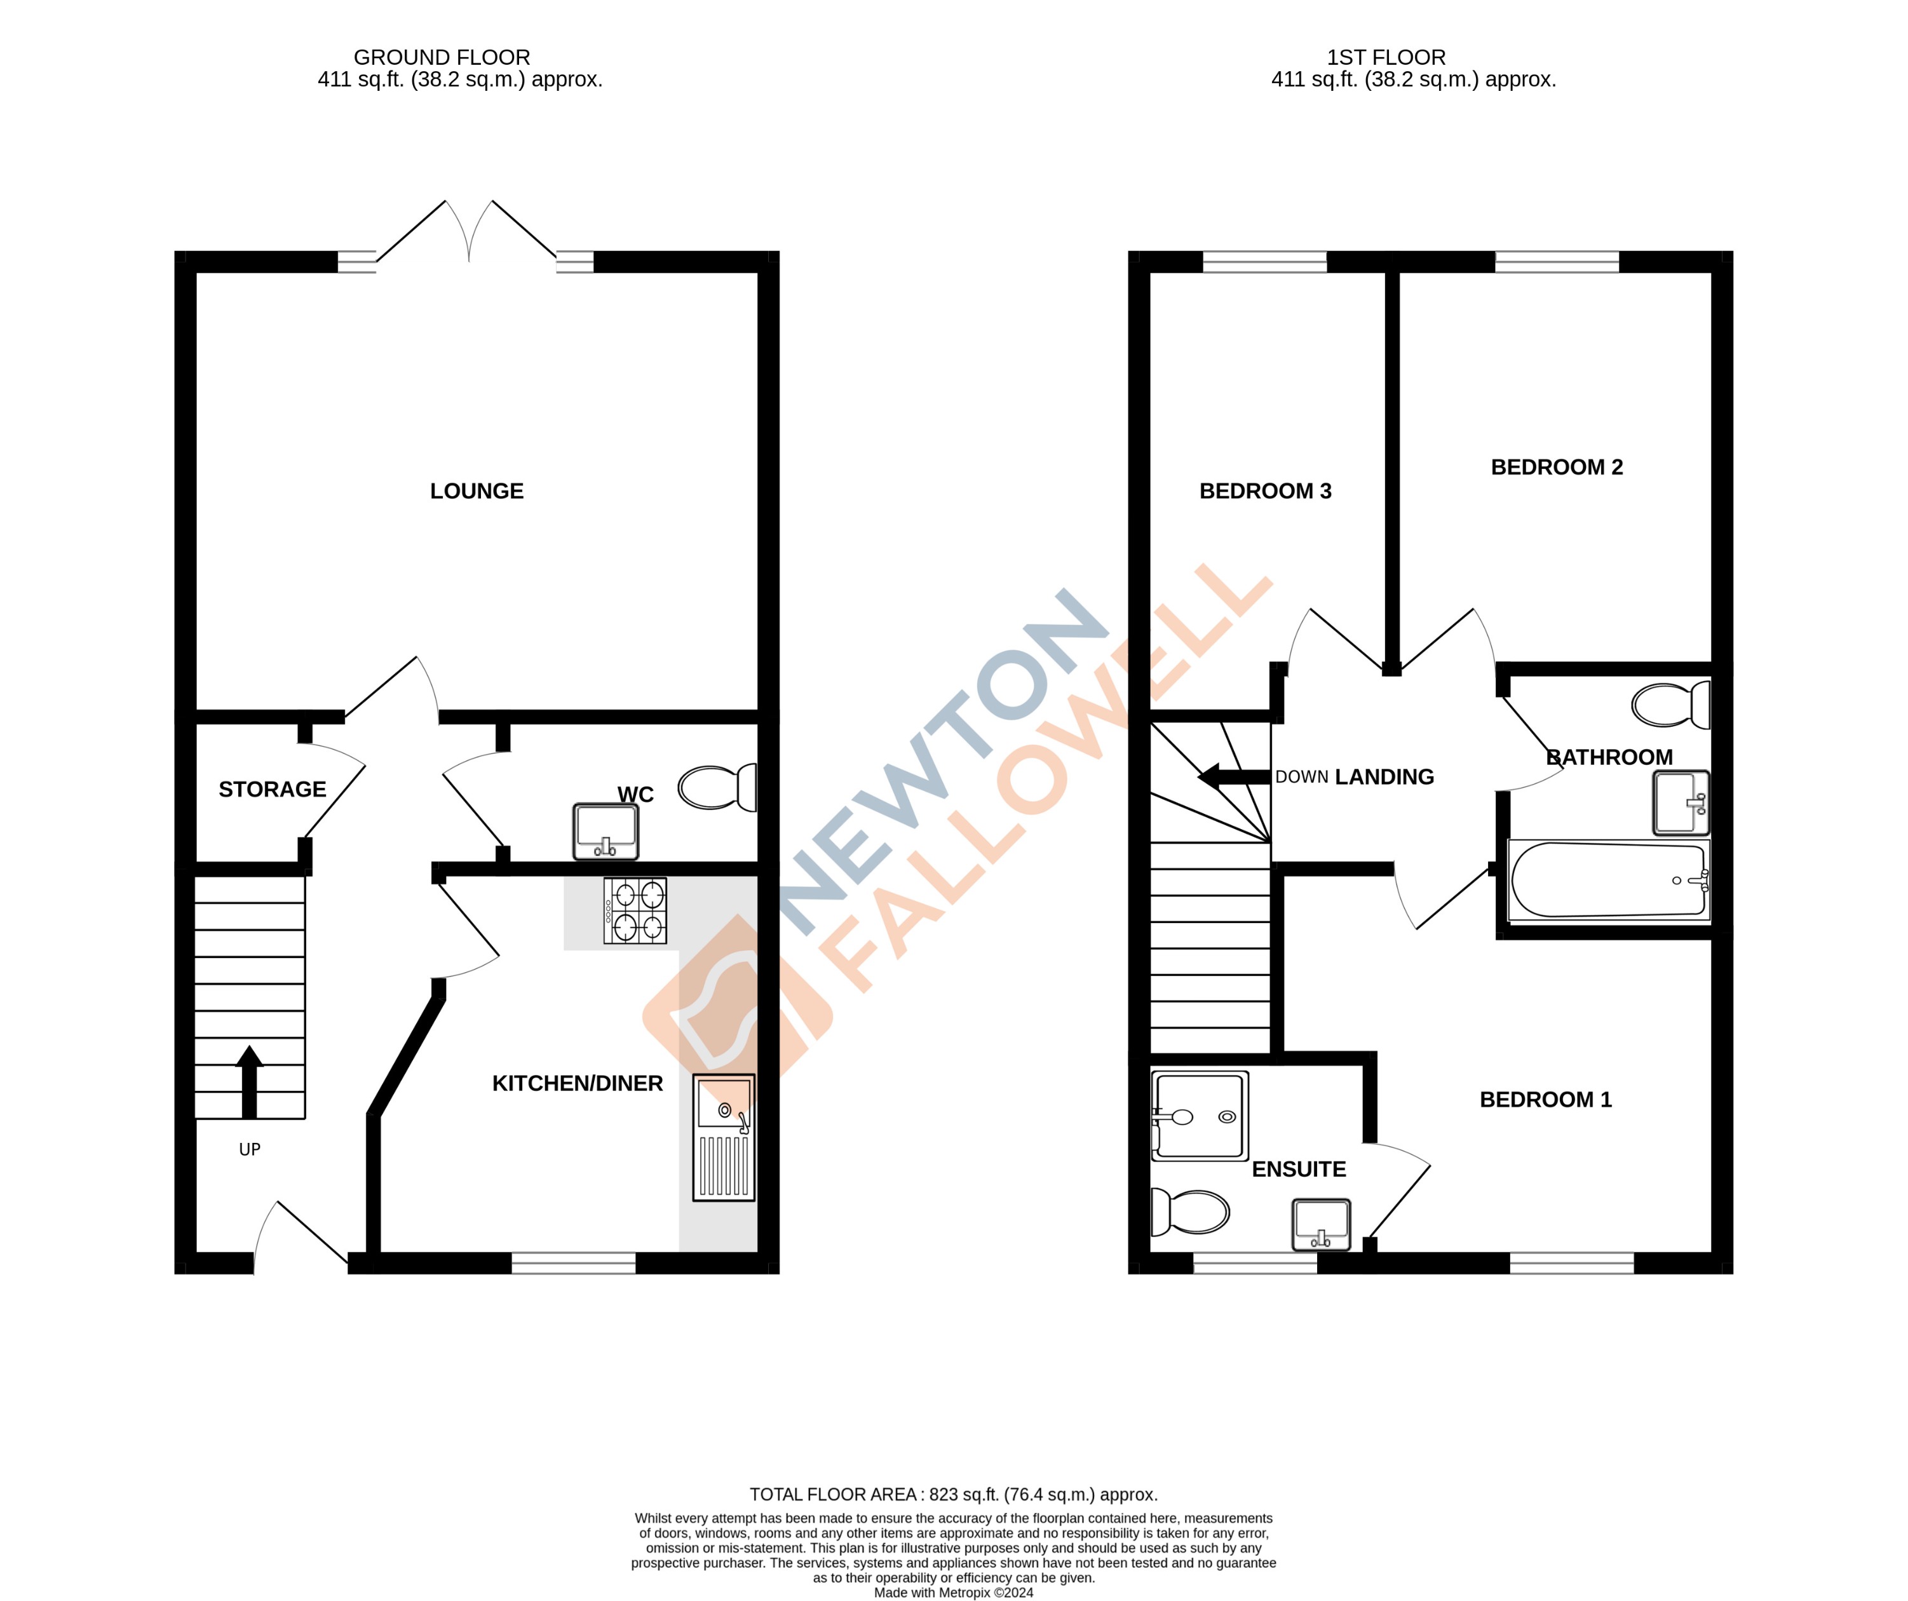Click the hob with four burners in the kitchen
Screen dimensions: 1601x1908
(x=635, y=910)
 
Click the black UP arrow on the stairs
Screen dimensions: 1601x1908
(x=249, y=1081)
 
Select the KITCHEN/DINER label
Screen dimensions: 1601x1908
(x=577, y=1084)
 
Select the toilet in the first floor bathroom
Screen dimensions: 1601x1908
(x=1670, y=705)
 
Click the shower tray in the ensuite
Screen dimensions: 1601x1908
(x=1200, y=1116)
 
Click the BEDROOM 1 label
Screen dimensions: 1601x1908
(x=1545, y=1100)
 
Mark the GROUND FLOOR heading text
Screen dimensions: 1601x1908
(x=442, y=57)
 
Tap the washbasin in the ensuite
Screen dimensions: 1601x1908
(x=1321, y=1224)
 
